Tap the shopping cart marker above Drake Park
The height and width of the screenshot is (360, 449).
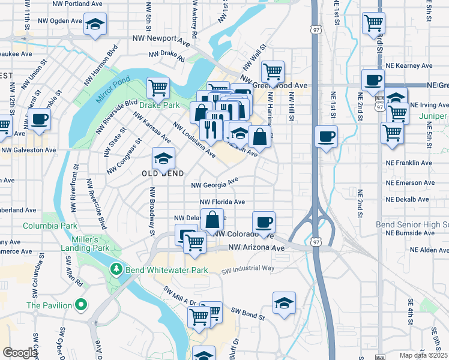(158, 88)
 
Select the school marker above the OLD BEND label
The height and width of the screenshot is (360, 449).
(163, 158)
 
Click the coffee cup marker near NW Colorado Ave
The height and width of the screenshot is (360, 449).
(264, 223)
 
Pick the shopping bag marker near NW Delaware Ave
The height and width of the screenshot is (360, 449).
(212, 220)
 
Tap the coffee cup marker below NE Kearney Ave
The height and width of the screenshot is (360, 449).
(373, 80)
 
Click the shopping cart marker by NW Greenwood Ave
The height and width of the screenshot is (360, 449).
(273, 71)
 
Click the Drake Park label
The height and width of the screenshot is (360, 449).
(162, 106)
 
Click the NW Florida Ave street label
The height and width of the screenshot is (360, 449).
(222, 203)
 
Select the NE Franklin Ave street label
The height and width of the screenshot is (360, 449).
(409, 163)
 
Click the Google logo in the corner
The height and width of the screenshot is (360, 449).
(19, 353)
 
